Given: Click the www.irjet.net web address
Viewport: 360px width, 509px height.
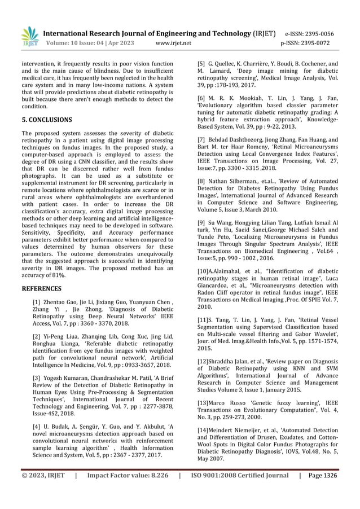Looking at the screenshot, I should click(173, 43).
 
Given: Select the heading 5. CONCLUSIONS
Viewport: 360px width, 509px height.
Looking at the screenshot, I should click(47, 120).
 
